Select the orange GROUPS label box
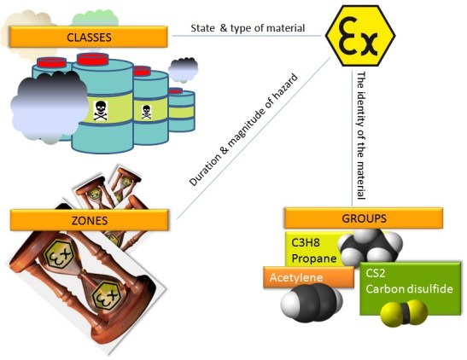pyautogui.click(x=363, y=217)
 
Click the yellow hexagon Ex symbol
pyautogui.click(x=361, y=36)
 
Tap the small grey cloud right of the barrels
pyautogui.click(x=183, y=67)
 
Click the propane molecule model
pyautogui.click(x=370, y=247)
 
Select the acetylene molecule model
pyautogui.click(x=312, y=301)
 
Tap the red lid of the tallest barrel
pyautogui.click(x=100, y=59)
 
